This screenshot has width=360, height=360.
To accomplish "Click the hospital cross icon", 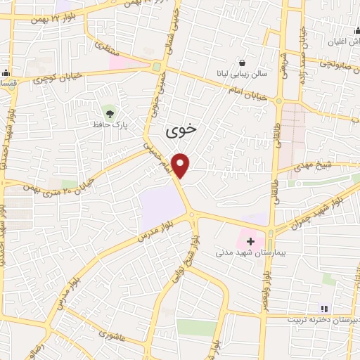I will click(x=250, y=241).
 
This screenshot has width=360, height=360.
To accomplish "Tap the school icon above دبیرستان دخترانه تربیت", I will click(x=323, y=308).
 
